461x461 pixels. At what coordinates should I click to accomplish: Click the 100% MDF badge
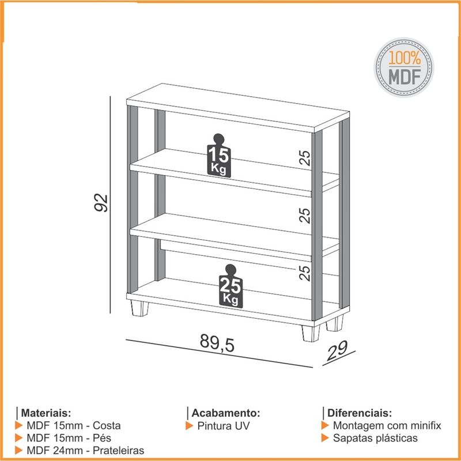[x=404, y=68]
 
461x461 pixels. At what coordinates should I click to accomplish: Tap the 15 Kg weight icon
[x=219, y=156]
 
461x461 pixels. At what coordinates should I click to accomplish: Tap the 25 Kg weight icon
[x=231, y=286]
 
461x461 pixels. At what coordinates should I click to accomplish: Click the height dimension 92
[x=101, y=203]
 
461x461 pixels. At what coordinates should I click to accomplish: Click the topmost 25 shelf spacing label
[x=305, y=158]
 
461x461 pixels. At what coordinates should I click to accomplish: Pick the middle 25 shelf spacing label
[x=305, y=215]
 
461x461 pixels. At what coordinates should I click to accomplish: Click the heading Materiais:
[x=46, y=413]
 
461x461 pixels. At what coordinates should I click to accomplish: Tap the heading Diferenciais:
[x=360, y=413]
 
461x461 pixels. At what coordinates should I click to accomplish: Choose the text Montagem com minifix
[x=387, y=426]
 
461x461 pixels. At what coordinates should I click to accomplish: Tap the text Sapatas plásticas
[x=375, y=438]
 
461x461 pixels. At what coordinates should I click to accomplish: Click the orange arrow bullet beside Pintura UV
[x=189, y=426]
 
